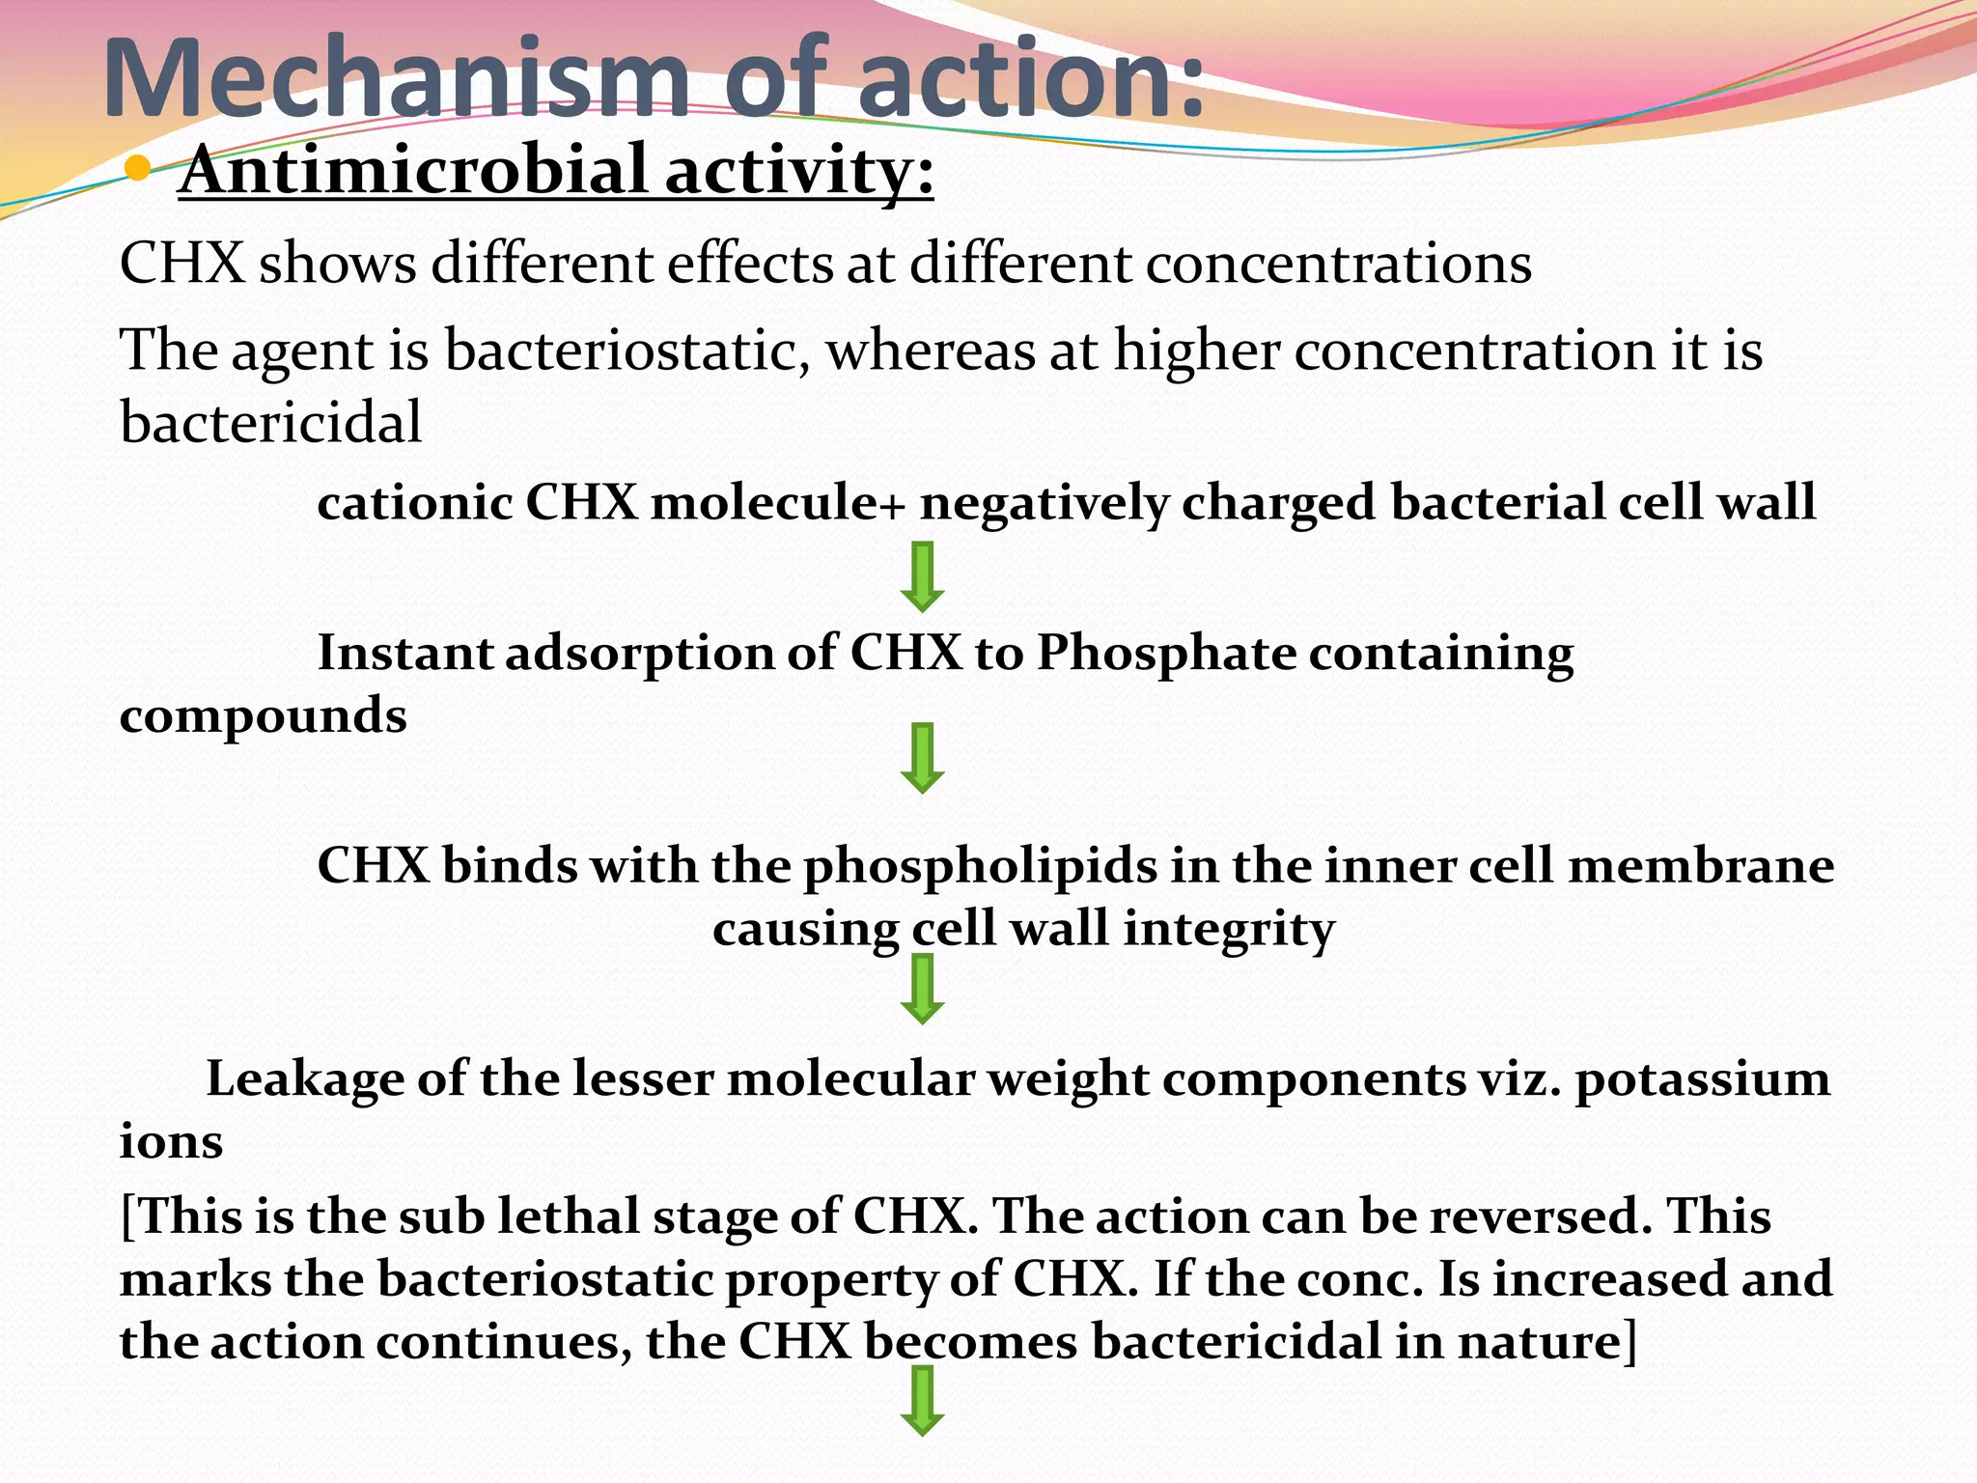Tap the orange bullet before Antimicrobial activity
point(138,170)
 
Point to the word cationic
point(414,502)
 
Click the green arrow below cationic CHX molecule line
point(922,576)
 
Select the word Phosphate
point(1166,653)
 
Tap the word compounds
point(263,716)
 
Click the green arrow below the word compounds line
point(922,758)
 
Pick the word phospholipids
point(980,865)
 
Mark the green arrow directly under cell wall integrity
point(922,989)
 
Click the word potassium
point(1703,1079)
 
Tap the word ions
point(171,1142)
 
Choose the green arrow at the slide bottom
point(922,1401)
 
